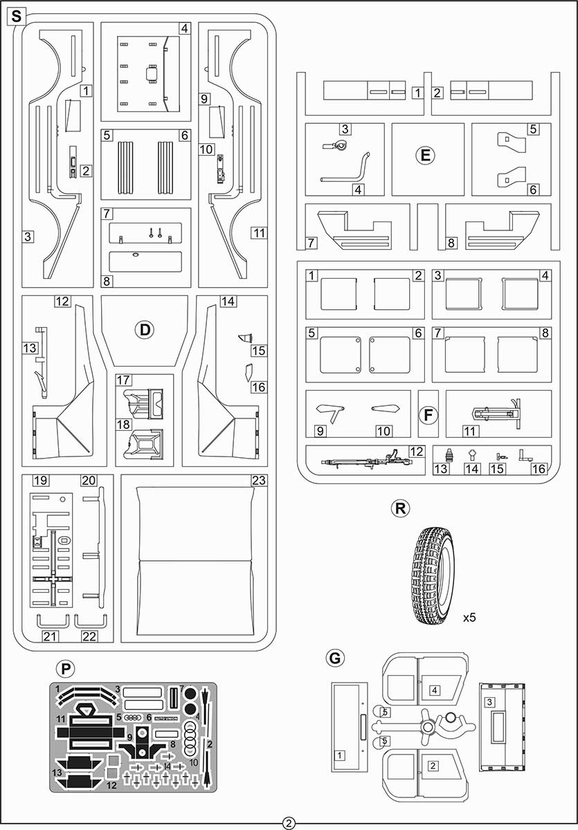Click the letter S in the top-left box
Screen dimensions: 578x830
17,17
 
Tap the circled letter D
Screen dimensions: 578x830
145,329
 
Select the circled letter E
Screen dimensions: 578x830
425,154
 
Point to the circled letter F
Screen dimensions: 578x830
428,415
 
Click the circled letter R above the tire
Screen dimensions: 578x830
400,508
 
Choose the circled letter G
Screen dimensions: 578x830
335,658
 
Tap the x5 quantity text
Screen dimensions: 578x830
469,617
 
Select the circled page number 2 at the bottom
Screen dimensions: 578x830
289,823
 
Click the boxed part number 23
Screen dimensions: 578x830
259,480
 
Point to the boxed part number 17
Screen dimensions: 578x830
123,380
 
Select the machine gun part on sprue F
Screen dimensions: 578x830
366,460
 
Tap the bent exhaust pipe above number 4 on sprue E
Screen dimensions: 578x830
345,169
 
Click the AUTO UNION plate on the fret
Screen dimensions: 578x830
165,719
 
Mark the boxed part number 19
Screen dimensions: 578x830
41,480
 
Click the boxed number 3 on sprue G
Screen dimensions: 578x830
490,701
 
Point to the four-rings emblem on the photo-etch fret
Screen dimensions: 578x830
133,718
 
